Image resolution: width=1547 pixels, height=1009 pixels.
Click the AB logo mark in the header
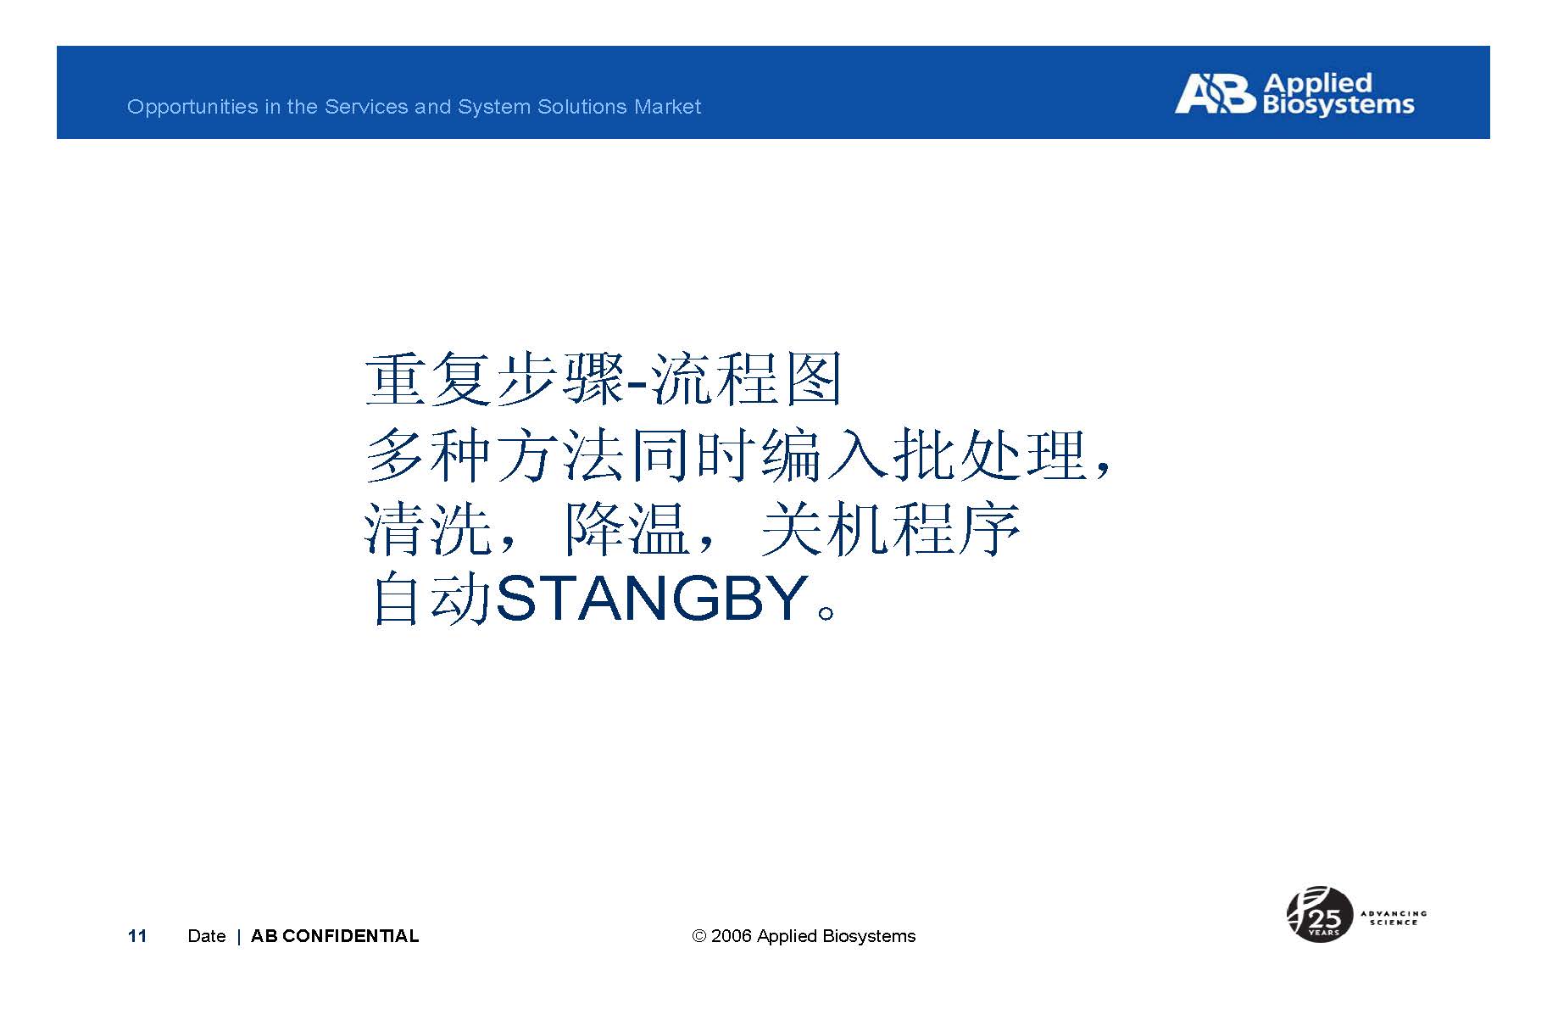pos(1214,93)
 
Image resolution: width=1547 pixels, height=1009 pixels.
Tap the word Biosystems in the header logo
pos(1338,105)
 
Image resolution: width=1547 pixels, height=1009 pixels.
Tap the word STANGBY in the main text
pos(651,599)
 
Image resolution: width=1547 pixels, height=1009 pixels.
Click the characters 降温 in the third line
pos(625,530)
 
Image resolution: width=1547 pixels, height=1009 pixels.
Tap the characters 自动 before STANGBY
pos(431,599)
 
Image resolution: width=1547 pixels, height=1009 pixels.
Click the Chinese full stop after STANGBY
pos(827,612)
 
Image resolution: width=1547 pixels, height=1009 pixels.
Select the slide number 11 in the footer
pos(137,936)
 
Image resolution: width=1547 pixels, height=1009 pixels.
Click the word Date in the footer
pos(207,936)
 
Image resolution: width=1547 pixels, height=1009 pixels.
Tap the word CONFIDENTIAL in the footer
pos(350,936)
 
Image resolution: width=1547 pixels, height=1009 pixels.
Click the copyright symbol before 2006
pos(699,936)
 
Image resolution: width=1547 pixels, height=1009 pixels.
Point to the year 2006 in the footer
pos(732,936)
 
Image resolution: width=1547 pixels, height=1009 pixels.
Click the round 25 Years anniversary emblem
pos(1319,914)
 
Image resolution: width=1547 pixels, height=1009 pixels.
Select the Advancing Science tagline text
pos(1394,918)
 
